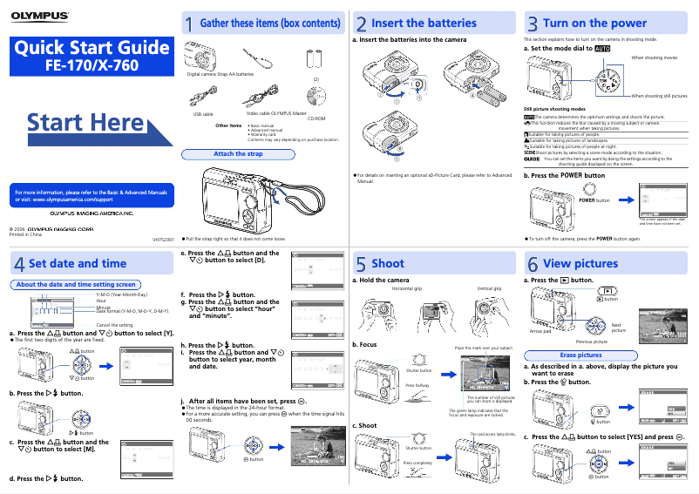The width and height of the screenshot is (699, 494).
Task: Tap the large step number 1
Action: tap(187, 24)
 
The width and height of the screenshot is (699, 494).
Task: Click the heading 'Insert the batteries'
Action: tap(424, 23)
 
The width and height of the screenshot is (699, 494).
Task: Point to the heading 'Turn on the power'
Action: tap(594, 23)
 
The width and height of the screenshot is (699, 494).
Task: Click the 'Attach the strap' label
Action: tap(238, 154)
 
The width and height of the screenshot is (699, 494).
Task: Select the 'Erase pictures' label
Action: tap(580, 355)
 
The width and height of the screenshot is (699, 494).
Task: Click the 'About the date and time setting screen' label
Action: tap(77, 284)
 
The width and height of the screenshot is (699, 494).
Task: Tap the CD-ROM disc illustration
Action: tap(318, 96)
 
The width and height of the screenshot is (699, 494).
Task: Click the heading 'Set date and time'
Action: tap(78, 263)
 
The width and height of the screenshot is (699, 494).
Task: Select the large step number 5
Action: tap(360, 263)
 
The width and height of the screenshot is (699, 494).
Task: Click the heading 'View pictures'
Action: tap(580, 263)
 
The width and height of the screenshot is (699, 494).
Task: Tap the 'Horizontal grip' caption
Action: tap(407, 288)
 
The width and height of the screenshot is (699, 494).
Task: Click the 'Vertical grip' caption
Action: tap(489, 288)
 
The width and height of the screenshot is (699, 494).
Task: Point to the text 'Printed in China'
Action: tap(25, 235)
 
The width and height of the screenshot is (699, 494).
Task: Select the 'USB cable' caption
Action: tap(202, 114)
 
